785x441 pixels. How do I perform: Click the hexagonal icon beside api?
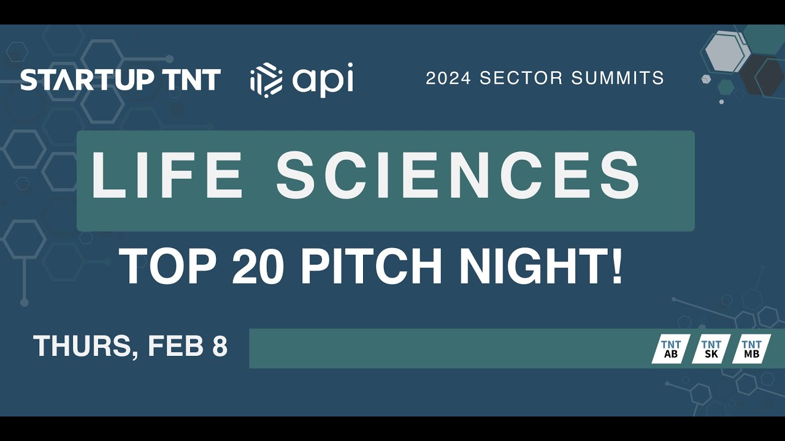[x=266, y=80]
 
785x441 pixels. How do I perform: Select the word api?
[x=323, y=80]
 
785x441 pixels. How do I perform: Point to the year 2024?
[x=448, y=78]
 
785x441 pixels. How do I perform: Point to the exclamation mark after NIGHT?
[x=616, y=266]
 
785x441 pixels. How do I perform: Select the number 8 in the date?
[x=220, y=347]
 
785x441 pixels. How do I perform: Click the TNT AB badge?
[x=671, y=349]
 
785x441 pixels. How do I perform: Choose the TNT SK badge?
[x=711, y=349]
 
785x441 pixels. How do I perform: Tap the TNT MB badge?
[x=751, y=349]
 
